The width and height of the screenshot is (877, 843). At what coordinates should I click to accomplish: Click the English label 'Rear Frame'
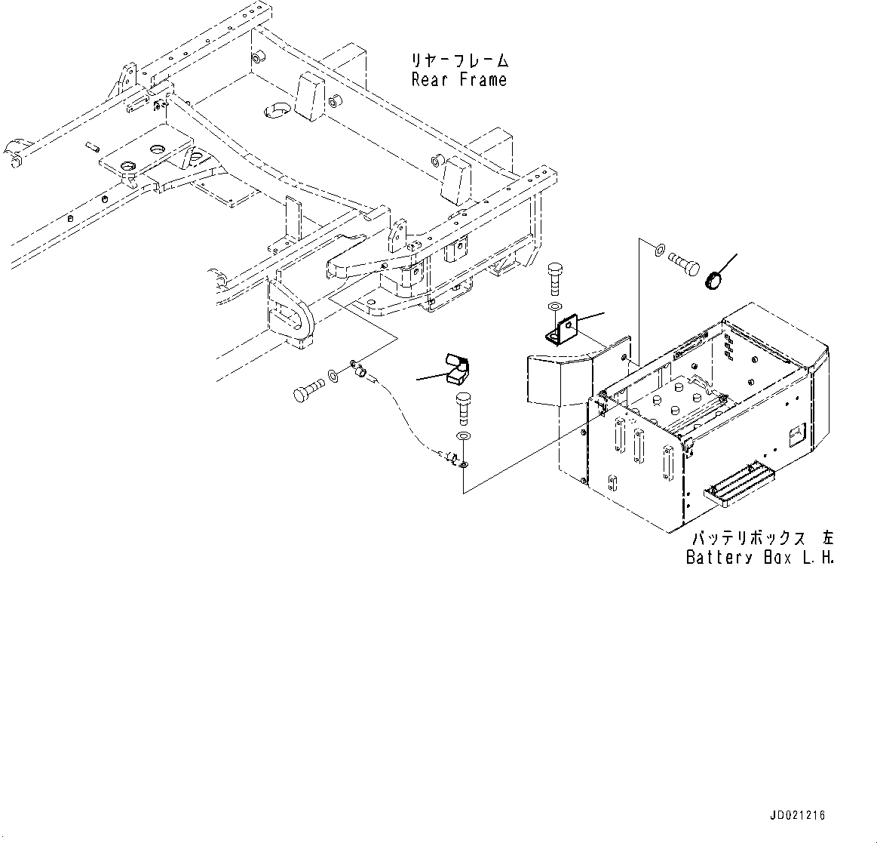tap(458, 80)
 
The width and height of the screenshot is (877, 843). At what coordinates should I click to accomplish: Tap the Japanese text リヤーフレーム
tap(460, 60)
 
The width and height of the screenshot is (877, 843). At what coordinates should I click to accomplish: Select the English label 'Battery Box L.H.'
tap(759, 558)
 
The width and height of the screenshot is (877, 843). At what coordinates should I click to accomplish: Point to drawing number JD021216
tap(798, 816)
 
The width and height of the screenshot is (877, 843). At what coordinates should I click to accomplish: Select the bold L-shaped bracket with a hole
tap(558, 330)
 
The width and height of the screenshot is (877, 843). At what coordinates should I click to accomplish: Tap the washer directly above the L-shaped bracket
tap(554, 307)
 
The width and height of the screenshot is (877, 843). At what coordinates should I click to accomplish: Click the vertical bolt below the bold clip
tap(461, 409)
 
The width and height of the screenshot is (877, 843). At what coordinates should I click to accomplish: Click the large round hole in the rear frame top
tap(277, 112)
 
